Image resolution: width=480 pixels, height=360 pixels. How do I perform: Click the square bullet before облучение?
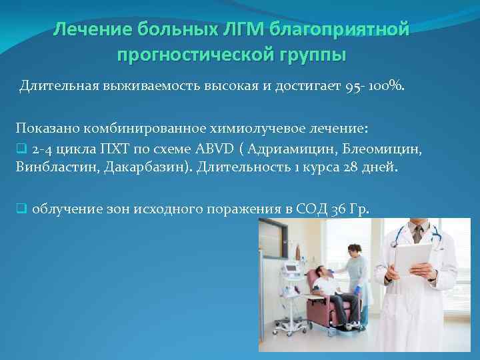[21, 209]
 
